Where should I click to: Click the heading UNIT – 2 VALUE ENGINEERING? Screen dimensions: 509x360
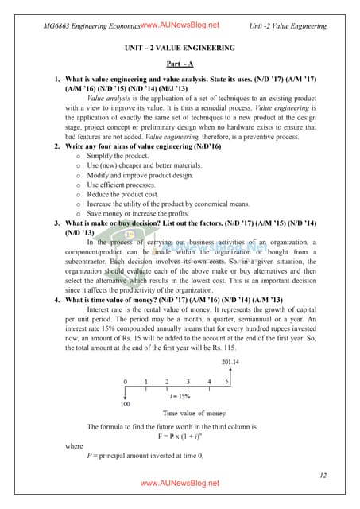[180, 49]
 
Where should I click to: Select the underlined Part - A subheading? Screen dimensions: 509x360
[180, 64]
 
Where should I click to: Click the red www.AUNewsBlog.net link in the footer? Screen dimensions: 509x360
[180, 484]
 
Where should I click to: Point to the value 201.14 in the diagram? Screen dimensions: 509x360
[231, 363]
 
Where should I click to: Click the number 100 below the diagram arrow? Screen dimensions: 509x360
[125, 405]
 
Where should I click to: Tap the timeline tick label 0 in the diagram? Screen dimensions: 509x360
[125, 382]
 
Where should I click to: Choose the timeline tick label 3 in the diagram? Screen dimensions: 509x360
[188, 382]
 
